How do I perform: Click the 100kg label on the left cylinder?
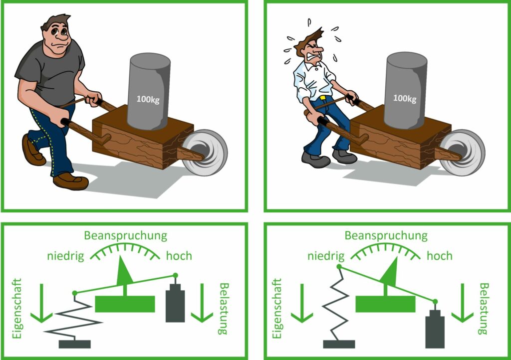(x=148, y=99)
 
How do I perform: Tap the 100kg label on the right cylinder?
(x=404, y=99)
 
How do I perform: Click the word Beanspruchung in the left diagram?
(x=125, y=235)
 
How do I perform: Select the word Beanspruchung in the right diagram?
(x=386, y=235)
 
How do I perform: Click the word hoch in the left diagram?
(x=179, y=256)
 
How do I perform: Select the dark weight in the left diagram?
(x=175, y=303)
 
